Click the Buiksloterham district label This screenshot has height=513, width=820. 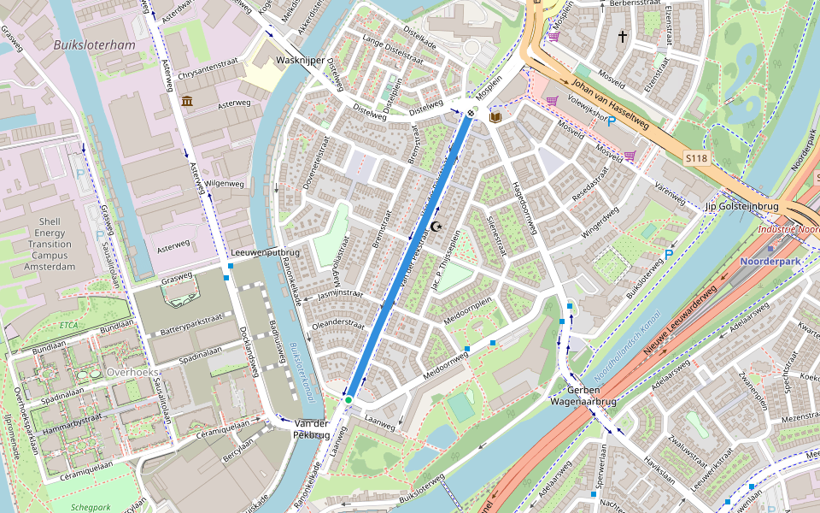[x=94, y=44]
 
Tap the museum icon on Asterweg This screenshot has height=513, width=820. [x=186, y=102]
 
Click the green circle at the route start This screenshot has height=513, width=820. [x=348, y=399]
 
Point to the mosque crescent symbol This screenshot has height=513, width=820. [x=436, y=227]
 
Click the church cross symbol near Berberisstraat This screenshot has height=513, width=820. [x=624, y=37]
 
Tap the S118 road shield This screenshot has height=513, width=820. [x=698, y=158]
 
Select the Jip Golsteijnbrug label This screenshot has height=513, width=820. [x=742, y=207]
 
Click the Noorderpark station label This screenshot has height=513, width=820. [x=773, y=262]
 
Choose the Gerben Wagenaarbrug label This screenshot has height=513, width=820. [x=583, y=393]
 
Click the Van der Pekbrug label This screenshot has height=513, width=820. [x=311, y=429]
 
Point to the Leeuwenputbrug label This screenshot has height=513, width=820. [x=266, y=253]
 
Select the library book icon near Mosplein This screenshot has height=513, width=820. [x=495, y=115]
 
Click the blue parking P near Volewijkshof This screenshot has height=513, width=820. [x=612, y=122]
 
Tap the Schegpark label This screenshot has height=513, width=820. [x=91, y=505]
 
